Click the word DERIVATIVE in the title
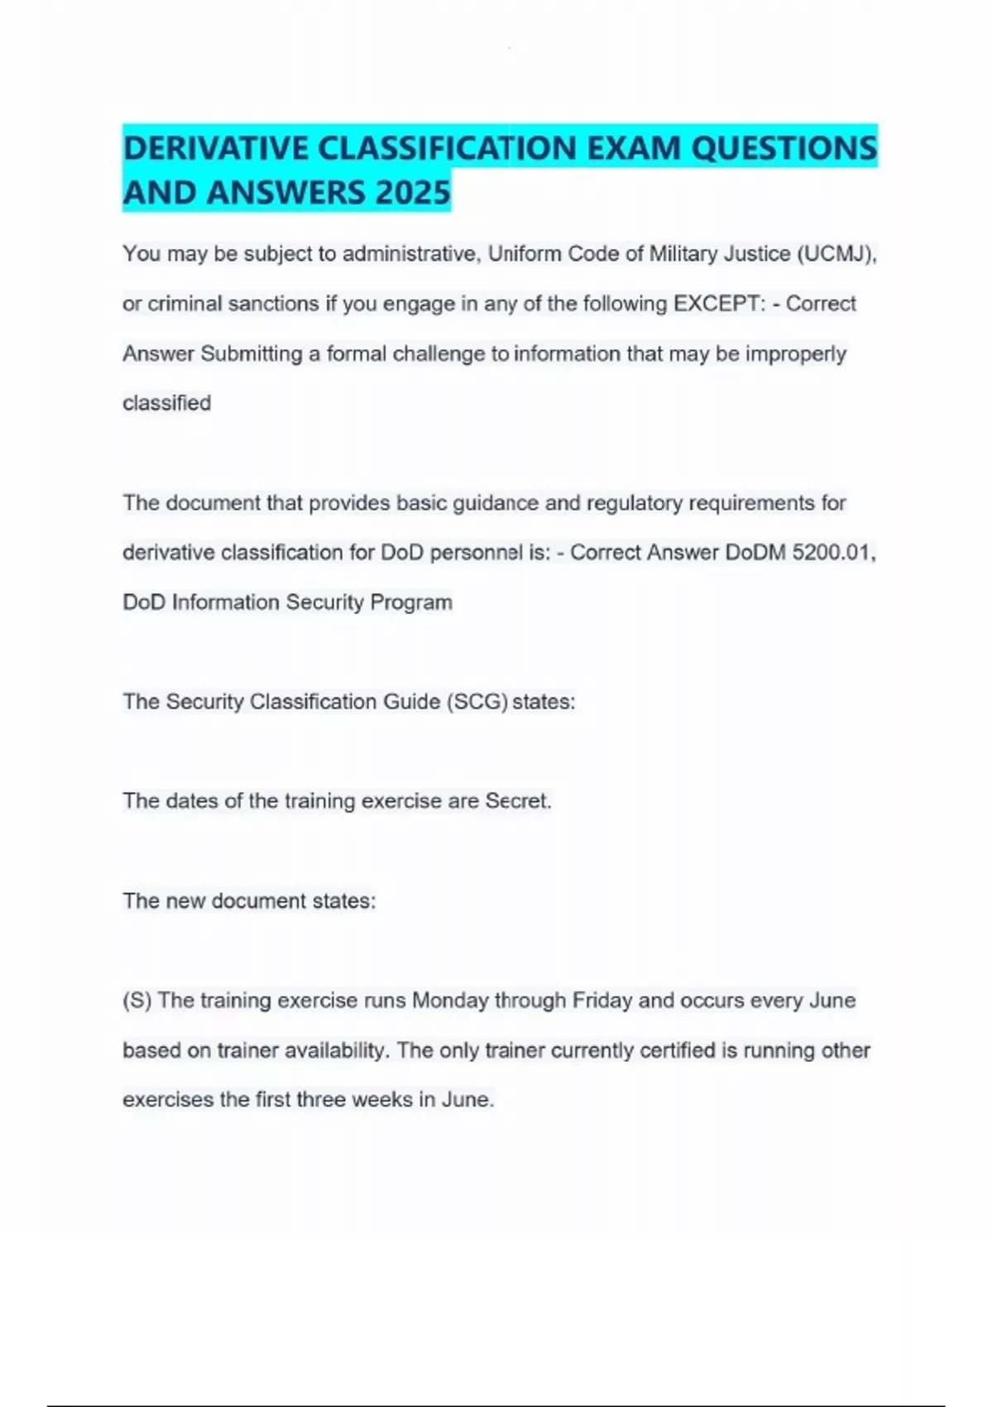216,149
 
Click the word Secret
518,801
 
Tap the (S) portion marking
137,1001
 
